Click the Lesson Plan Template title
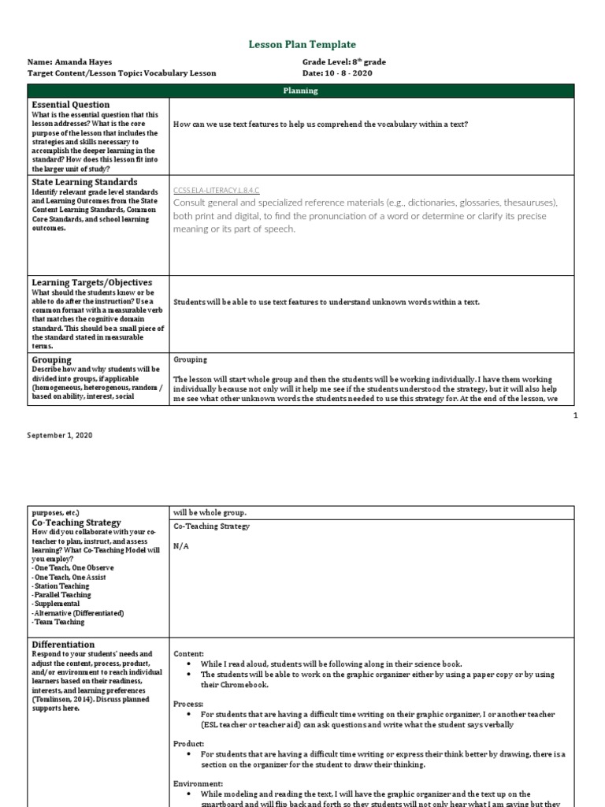pyautogui.click(x=302, y=45)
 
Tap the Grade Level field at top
pyautogui.click(x=343, y=61)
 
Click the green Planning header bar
pyautogui.click(x=301, y=91)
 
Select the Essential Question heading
pyautogui.click(x=71, y=105)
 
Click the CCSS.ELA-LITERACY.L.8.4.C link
pyautogui.click(x=216, y=191)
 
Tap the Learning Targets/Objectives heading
pyautogui.click(x=92, y=283)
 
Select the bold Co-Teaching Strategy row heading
pyautogui.click(x=76, y=523)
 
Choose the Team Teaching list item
pyautogui.click(x=58, y=622)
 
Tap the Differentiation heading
pyautogui.click(x=63, y=645)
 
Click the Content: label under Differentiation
pyautogui.click(x=188, y=654)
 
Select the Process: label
pyautogui.click(x=188, y=703)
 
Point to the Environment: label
pyautogui.click(x=197, y=784)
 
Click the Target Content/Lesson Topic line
pyautogui.click(x=121, y=73)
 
